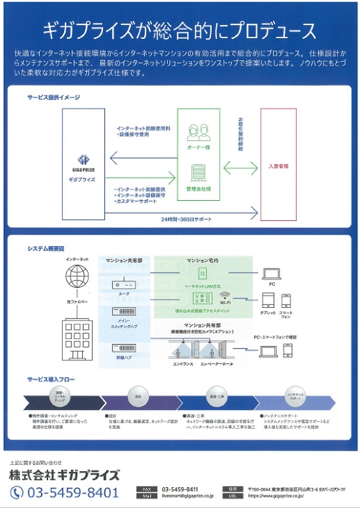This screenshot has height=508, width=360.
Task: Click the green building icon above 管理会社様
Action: [x=197, y=173]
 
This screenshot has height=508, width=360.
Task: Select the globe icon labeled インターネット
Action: [x=78, y=276]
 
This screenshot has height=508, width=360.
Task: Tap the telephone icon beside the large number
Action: [x=17, y=492]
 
